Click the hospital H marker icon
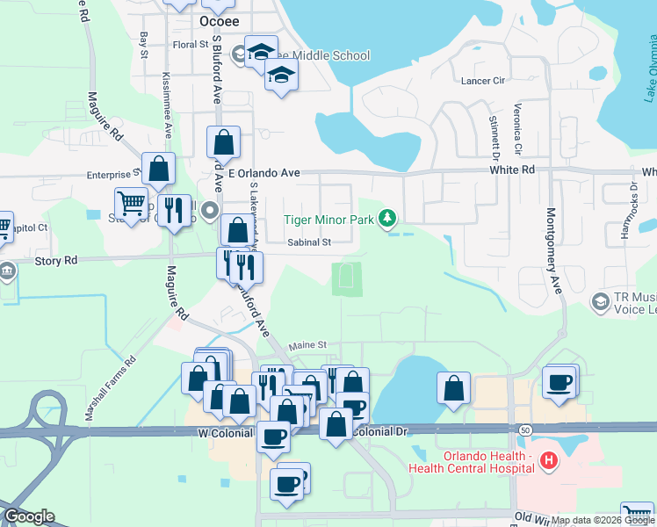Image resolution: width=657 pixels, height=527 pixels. [x=548, y=459]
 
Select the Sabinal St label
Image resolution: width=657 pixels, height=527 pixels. [x=308, y=242]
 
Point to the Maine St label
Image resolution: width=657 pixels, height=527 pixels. [x=307, y=345]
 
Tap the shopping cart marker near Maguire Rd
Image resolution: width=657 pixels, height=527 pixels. [x=132, y=203]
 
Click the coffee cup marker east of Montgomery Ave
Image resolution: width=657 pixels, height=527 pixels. [x=559, y=381]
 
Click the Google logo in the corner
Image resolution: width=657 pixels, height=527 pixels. [x=29, y=516]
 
